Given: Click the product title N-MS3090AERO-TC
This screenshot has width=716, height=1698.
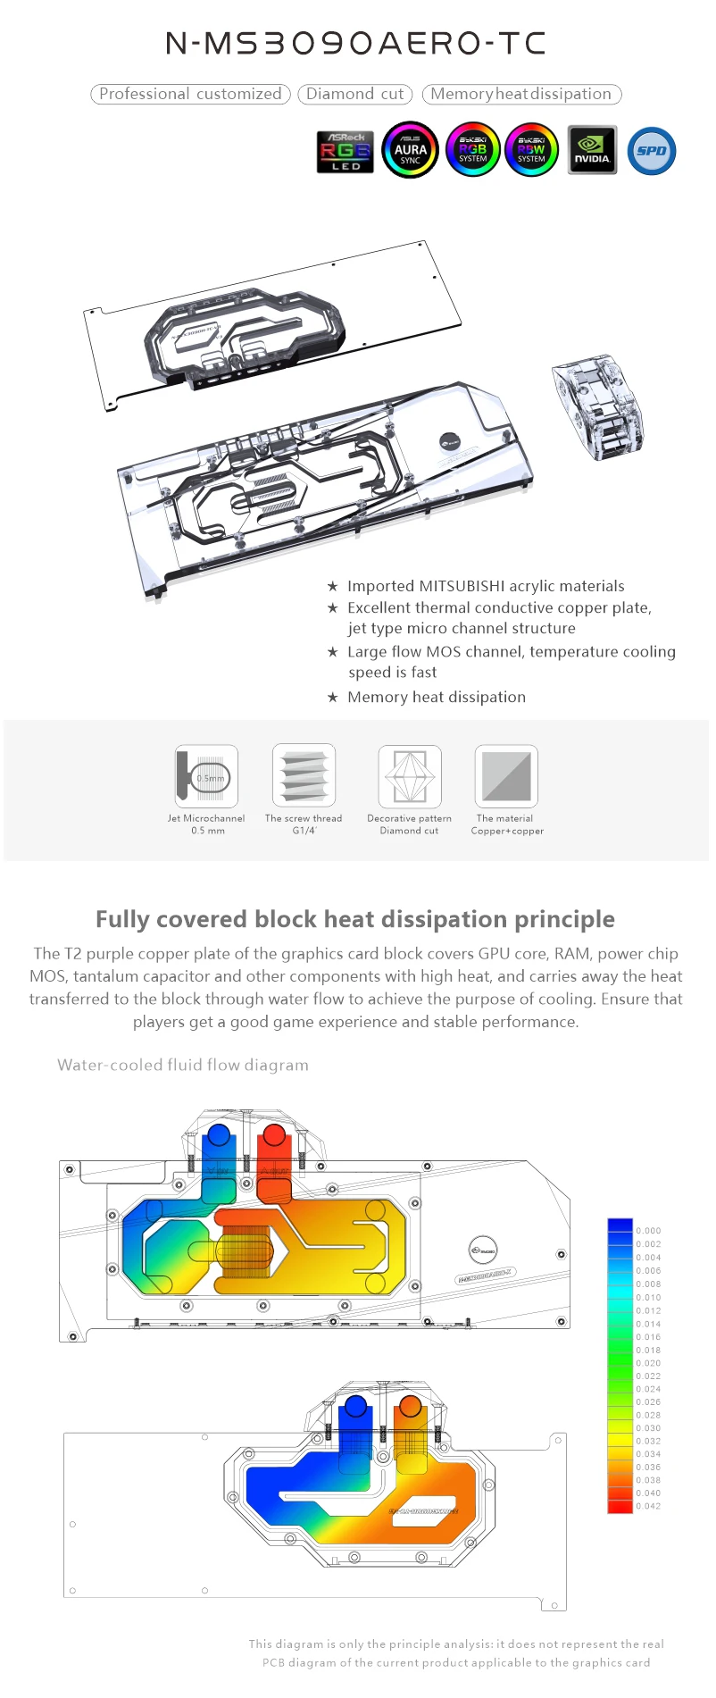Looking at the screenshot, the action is (x=356, y=43).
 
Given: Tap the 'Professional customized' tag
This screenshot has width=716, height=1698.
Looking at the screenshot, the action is (x=190, y=94).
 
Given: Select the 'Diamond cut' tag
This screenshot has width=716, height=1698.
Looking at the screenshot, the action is (x=354, y=94).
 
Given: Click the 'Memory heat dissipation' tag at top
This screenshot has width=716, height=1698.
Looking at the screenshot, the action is (x=520, y=94).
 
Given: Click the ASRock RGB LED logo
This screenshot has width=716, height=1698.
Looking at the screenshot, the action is (x=345, y=151).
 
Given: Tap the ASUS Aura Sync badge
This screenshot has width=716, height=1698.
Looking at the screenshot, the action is (x=410, y=150).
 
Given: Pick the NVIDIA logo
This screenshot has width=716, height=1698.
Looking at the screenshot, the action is (x=592, y=150).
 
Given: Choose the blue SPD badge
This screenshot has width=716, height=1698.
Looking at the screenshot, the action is (x=652, y=151).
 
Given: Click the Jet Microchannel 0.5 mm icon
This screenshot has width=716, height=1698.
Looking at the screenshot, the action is (x=206, y=775).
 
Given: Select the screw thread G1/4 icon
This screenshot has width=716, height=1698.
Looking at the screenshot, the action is (x=304, y=775).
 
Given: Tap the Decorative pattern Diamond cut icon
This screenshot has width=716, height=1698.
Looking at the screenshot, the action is (x=409, y=775).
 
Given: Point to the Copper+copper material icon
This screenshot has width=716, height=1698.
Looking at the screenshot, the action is (x=506, y=775).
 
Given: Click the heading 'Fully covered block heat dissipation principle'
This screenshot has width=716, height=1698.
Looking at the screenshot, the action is (x=355, y=919).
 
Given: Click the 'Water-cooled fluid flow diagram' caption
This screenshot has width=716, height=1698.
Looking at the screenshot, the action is (x=183, y=1065).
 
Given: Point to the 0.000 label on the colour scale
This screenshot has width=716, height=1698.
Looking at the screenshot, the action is (x=648, y=1231).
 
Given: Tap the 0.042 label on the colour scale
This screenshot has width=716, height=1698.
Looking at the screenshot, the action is (x=648, y=1506).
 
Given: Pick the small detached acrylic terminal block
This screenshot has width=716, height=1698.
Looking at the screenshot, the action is (x=596, y=406).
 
